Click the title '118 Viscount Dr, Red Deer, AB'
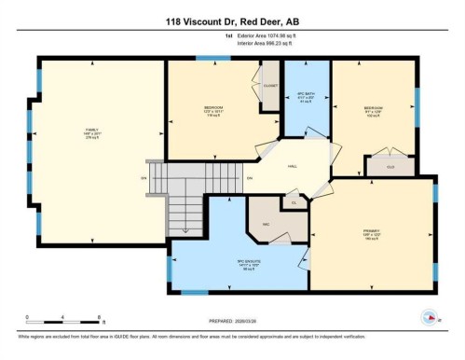232,21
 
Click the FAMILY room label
92,132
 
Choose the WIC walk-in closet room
265,223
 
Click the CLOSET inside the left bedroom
270,86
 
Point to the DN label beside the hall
249,178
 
